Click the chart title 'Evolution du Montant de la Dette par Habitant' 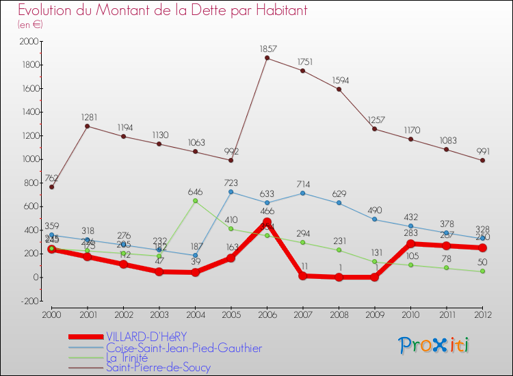tap(162, 11)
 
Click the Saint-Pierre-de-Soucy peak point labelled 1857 tap(267, 58)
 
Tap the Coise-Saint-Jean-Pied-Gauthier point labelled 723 tap(231, 192)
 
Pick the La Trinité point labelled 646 tap(195, 201)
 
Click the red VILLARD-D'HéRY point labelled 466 tap(267, 222)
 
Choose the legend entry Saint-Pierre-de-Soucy tap(158, 368)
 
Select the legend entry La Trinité tap(133, 358)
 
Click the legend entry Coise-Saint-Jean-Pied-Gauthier tap(183, 348)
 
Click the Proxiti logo tap(434, 345)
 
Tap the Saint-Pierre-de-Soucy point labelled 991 tap(482, 161)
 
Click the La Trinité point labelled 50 tap(482, 271)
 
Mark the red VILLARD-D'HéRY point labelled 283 tap(410, 244)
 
